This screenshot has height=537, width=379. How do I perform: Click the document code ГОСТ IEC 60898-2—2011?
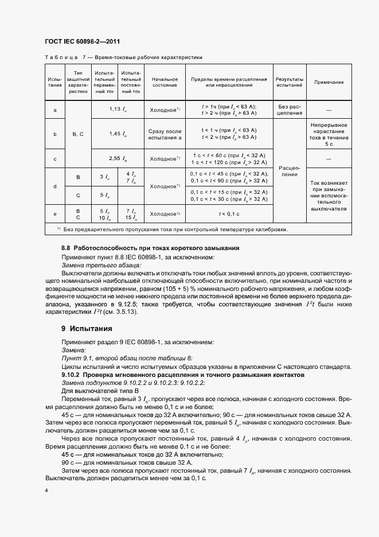coord(82,42)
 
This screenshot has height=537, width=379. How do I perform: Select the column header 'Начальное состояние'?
coord(164,82)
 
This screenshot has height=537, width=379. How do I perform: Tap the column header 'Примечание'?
coord(329,82)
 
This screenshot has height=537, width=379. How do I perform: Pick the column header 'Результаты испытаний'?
coord(290,82)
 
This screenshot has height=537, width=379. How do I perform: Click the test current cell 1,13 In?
coord(118,109)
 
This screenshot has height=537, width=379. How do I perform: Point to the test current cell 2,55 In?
coord(118,158)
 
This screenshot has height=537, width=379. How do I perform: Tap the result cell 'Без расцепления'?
coord(290,109)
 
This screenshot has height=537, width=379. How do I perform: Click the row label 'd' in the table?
coord(55,186)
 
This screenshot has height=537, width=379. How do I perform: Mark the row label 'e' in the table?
coord(55,213)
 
